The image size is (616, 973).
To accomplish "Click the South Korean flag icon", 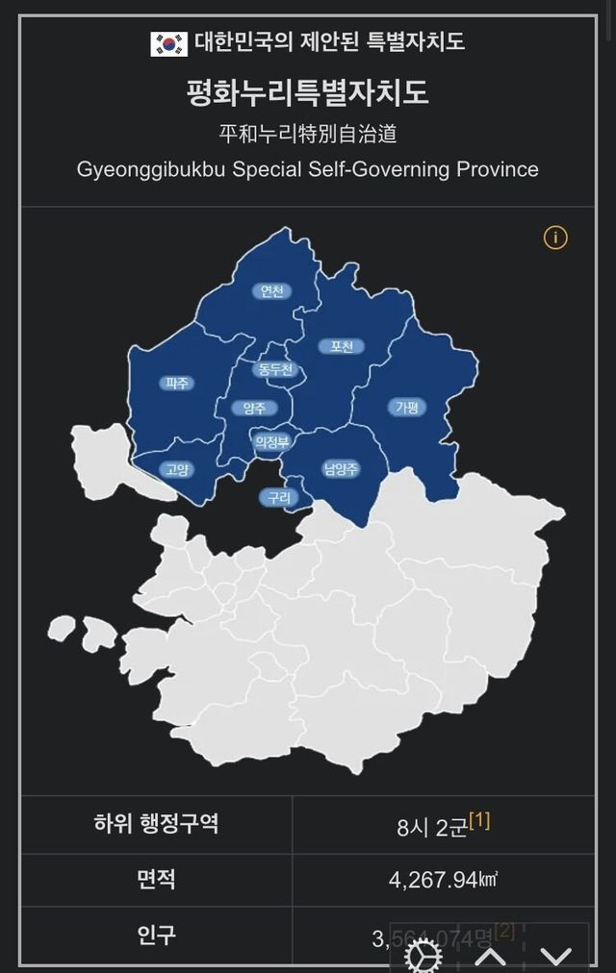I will (x=168, y=42).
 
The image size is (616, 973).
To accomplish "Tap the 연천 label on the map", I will (x=272, y=291).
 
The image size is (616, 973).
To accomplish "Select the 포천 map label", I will (x=342, y=346).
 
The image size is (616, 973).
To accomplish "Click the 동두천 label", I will (x=275, y=370).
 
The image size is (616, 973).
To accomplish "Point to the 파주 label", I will (x=177, y=383).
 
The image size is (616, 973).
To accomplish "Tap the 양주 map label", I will (x=254, y=408).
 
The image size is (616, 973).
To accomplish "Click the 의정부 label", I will (x=270, y=442).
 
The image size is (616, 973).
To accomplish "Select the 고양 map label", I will (x=176, y=469).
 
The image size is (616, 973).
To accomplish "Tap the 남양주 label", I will (x=341, y=469).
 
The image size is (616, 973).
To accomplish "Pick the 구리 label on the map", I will (x=278, y=497).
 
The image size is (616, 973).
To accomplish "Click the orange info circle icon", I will (x=555, y=237).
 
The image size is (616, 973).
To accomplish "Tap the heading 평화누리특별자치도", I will (x=307, y=93).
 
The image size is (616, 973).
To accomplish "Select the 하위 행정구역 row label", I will (x=156, y=824).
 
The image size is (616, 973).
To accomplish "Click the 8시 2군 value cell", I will (x=431, y=826).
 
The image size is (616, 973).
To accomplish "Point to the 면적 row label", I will (x=156, y=879).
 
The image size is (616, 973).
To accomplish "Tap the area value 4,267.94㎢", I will (x=443, y=880).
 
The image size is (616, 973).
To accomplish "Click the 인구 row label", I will (x=156, y=933).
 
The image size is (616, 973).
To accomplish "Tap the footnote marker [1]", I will (x=479, y=820).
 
